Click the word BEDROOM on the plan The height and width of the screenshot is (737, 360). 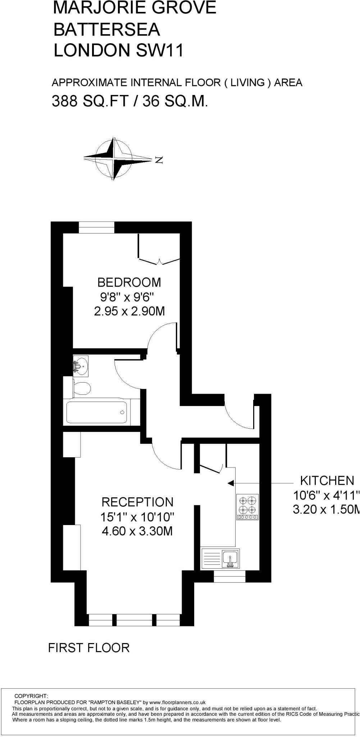tap(129, 282)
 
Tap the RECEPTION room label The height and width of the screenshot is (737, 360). tap(137, 502)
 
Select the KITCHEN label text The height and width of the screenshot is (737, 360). tap(327, 481)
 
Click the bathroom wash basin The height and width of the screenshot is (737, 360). tap(81, 366)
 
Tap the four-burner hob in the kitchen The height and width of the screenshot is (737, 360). tap(247, 506)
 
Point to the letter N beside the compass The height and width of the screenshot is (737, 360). tap(159, 160)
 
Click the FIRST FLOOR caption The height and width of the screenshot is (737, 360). tap(89, 648)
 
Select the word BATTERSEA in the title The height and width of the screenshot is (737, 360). tap(107, 29)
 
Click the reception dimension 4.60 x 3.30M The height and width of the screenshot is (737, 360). tap(137, 531)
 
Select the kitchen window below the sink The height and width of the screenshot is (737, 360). tap(230, 577)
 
